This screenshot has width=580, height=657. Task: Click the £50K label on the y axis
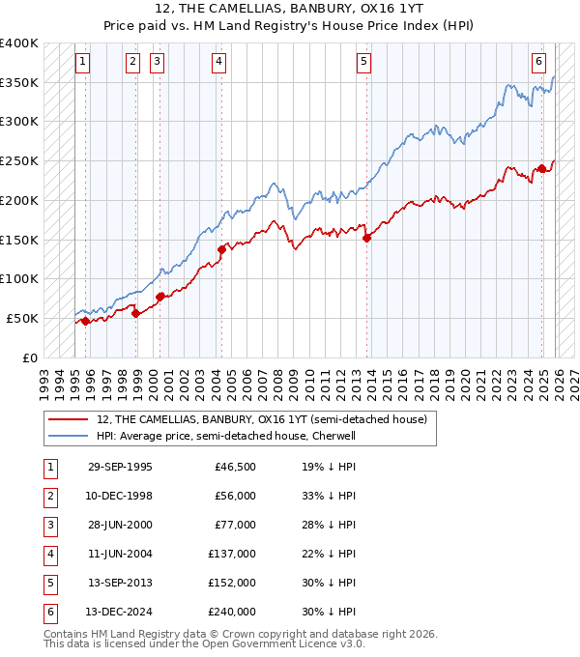(x=23, y=318)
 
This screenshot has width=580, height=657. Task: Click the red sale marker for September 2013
(x=366, y=239)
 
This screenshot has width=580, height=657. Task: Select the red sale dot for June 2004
(x=221, y=249)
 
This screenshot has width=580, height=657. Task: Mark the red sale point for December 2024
(x=542, y=169)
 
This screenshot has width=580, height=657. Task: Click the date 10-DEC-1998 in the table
(x=120, y=496)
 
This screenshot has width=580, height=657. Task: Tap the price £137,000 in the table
(x=235, y=554)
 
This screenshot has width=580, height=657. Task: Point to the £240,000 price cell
(x=235, y=612)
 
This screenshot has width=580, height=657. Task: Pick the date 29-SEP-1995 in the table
(x=120, y=467)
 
